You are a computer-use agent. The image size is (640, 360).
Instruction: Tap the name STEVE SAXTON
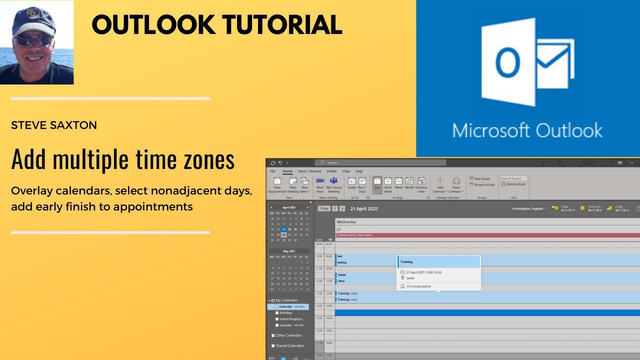(54, 125)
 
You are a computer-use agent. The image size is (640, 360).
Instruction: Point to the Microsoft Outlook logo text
(527, 130)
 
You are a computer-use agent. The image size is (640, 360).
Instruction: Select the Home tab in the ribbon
(287, 171)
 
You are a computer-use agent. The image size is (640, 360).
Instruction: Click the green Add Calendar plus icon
(440, 181)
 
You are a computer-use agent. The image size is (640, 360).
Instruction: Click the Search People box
(513, 178)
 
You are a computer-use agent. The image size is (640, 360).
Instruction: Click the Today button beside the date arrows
(324, 208)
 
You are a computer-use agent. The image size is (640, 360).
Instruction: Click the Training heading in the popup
(406, 261)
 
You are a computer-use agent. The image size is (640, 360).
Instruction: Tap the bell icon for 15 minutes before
(403, 286)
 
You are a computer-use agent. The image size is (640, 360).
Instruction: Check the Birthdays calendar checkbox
(277, 312)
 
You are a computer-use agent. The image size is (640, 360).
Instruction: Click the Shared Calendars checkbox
(273, 345)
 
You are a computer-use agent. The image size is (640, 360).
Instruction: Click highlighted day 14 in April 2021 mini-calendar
(283, 229)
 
